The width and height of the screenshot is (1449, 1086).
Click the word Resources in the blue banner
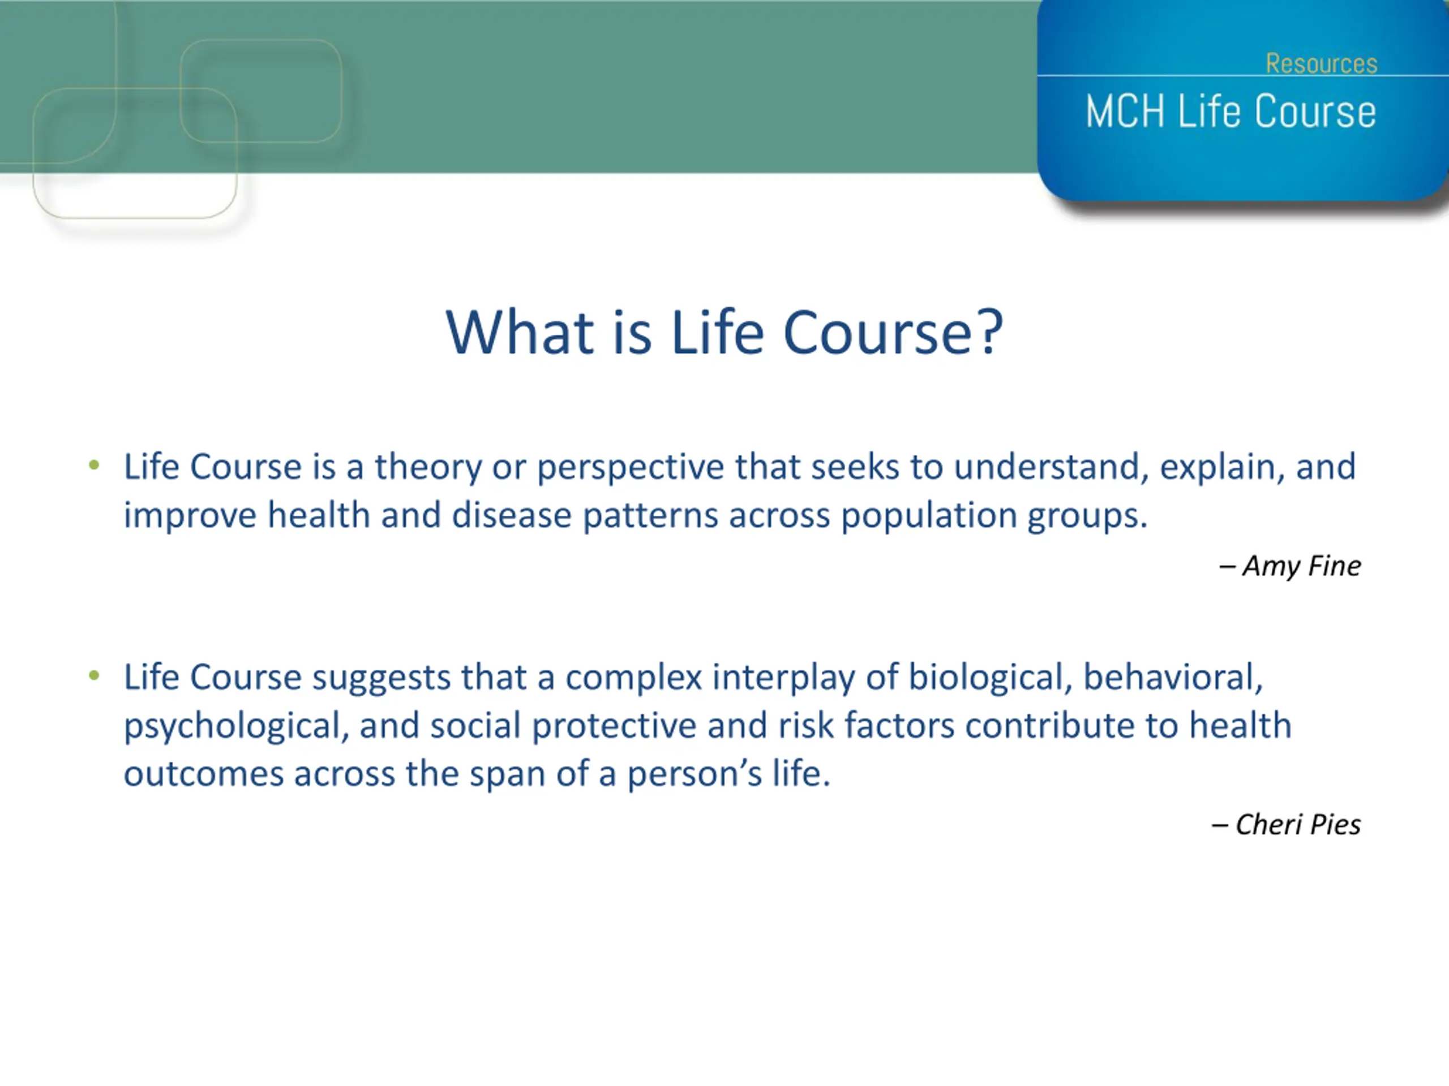pos(1321,63)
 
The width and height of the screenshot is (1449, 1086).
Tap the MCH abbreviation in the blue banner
pos(1125,111)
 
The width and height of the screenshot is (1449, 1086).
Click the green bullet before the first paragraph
pos(95,466)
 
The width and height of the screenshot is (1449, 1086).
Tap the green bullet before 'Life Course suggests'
pos(95,675)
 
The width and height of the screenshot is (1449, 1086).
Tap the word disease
pos(512,515)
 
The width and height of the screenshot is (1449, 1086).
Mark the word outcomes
pos(203,774)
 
